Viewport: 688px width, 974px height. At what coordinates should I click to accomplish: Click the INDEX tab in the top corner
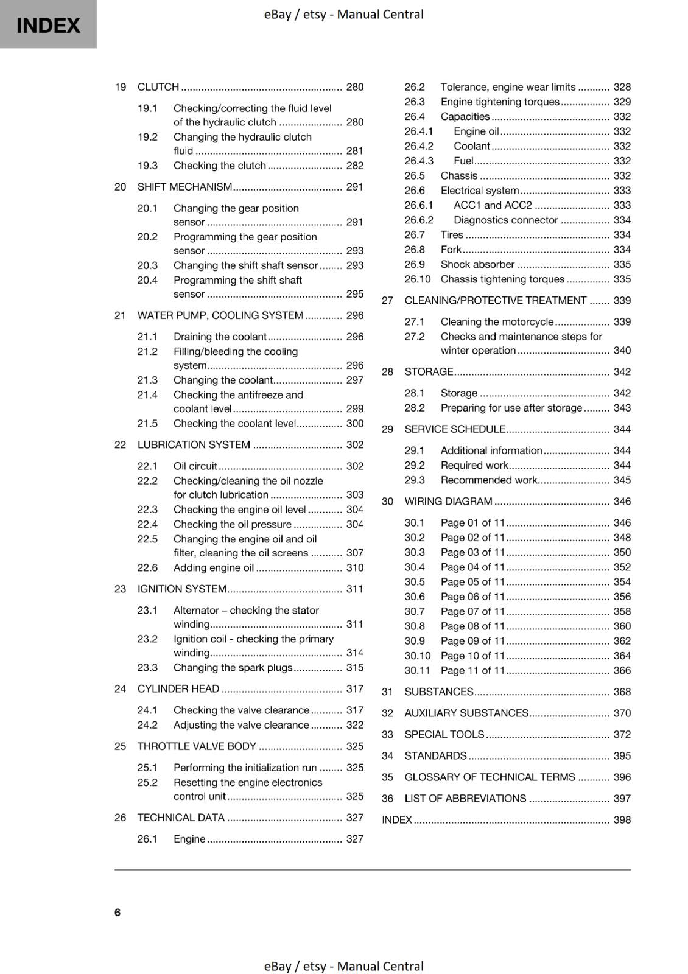pyautogui.click(x=48, y=25)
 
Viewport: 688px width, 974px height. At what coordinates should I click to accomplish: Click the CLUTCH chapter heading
pyautogui.click(x=158, y=87)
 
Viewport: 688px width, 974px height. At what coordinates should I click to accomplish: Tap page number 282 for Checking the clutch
pyautogui.click(x=354, y=166)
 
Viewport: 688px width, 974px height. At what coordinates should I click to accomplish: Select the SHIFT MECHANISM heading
pyautogui.click(x=184, y=187)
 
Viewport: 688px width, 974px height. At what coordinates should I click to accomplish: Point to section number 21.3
pyautogui.click(x=147, y=380)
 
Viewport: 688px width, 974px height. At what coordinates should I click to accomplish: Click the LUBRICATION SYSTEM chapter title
pyautogui.click(x=194, y=445)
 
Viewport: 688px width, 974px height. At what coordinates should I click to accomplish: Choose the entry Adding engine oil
pyautogui.click(x=214, y=568)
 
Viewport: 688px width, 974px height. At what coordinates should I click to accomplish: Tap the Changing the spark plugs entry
pyautogui.click(x=233, y=668)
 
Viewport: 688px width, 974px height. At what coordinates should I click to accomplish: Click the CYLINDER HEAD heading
pyautogui.click(x=178, y=689)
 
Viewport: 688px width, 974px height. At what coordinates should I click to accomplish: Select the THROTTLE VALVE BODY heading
pyautogui.click(x=197, y=746)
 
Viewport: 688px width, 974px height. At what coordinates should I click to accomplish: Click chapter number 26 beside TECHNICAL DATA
pyautogui.click(x=120, y=818)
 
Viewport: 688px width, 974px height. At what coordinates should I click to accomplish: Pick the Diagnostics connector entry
pyautogui.click(x=505, y=220)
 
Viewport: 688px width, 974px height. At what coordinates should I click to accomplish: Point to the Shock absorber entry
pyautogui.click(x=477, y=265)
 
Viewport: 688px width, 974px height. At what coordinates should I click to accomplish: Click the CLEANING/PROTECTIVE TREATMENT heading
pyautogui.click(x=495, y=301)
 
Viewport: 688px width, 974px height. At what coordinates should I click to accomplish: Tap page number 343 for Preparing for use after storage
pyautogui.click(x=622, y=408)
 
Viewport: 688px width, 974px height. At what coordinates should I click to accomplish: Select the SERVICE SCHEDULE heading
pyautogui.click(x=455, y=429)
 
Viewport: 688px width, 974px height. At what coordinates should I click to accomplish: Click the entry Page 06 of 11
pyautogui.click(x=473, y=597)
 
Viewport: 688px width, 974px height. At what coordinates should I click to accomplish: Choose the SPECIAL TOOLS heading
pyautogui.click(x=444, y=735)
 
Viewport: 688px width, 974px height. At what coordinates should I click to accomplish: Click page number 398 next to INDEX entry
pyautogui.click(x=622, y=820)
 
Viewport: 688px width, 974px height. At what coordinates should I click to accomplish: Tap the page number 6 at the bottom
pyautogui.click(x=118, y=912)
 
